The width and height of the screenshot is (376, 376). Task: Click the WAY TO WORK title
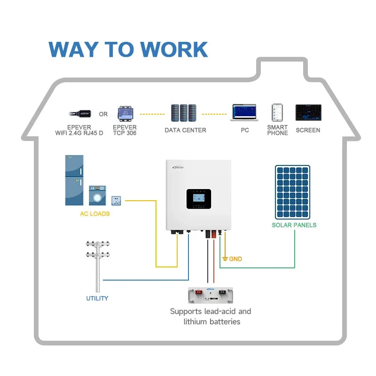click(128, 50)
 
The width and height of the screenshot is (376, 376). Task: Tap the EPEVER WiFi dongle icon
click(80, 114)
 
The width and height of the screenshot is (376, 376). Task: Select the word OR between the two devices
click(103, 114)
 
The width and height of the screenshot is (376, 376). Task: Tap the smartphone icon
click(277, 113)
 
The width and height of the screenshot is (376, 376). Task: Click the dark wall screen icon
click(308, 113)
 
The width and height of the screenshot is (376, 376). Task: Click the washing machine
click(97, 196)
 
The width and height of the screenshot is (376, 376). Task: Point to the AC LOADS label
click(95, 214)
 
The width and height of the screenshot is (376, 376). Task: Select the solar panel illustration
click(292, 192)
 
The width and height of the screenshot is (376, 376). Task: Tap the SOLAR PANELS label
click(294, 225)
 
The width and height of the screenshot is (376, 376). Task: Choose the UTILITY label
click(97, 298)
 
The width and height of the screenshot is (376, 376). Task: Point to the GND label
click(235, 259)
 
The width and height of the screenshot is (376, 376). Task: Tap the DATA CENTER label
click(185, 130)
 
